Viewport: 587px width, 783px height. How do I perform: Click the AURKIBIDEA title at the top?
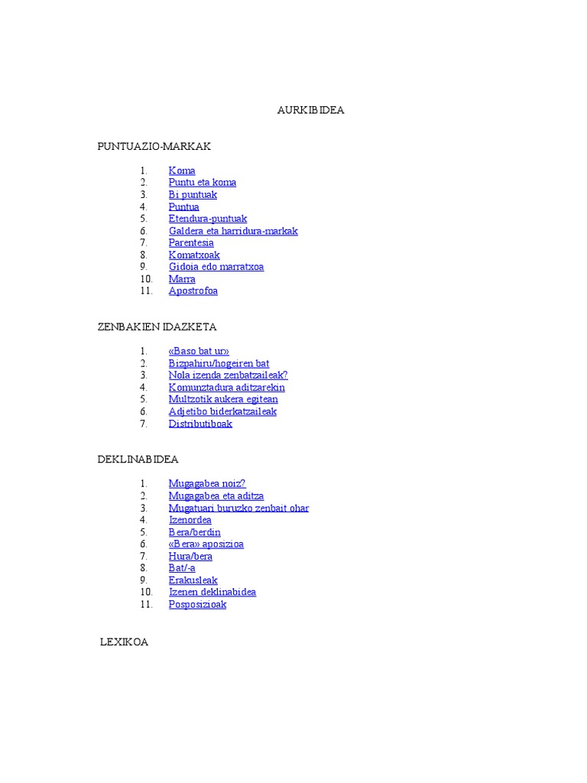(310, 110)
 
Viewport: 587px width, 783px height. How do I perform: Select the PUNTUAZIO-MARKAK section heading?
(154, 146)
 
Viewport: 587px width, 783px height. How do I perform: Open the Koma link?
(182, 171)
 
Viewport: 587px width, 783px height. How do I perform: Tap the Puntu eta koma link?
(203, 183)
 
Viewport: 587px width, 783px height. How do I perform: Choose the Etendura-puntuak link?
(208, 219)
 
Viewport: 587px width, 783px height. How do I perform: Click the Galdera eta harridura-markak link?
(233, 231)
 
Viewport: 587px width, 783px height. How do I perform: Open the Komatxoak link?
(194, 255)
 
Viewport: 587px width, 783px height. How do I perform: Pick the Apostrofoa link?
(193, 291)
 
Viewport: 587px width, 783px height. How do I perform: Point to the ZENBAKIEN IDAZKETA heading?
(157, 327)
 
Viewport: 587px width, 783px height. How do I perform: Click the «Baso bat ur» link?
(199, 352)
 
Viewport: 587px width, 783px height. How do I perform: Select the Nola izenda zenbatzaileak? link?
(228, 375)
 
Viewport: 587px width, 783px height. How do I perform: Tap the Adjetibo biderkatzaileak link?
(222, 411)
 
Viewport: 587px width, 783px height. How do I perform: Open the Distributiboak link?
(200, 424)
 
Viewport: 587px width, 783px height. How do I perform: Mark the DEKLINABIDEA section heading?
(138, 460)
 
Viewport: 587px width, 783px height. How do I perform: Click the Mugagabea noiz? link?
(207, 484)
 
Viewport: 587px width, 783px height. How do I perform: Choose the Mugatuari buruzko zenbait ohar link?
(238, 508)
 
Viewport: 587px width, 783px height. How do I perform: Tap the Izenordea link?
(190, 520)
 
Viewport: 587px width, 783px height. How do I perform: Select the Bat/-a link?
(182, 568)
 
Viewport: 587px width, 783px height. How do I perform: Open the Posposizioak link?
(197, 604)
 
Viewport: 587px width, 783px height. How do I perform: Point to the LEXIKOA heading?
(125, 642)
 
